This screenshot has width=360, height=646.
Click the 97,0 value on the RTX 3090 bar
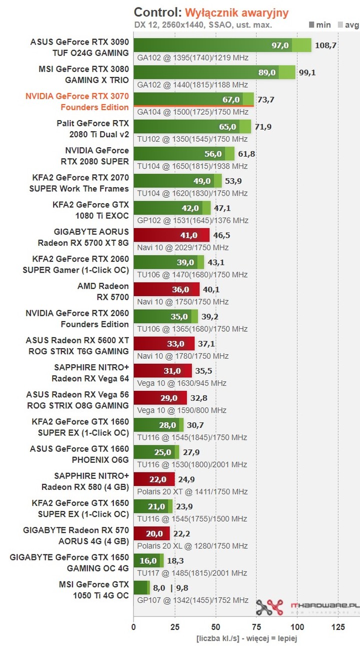[x=280, y=46]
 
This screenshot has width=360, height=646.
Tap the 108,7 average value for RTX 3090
[x=325, y=46]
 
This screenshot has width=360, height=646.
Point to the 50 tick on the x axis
[x=215, y=627]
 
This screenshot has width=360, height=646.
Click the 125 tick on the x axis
[x=338, y=627]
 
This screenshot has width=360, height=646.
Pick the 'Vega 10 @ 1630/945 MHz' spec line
[x=181, y=383]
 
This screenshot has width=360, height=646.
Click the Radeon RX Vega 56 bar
[x=160, y=398]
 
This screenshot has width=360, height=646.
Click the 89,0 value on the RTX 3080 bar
[x=267, y=73]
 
